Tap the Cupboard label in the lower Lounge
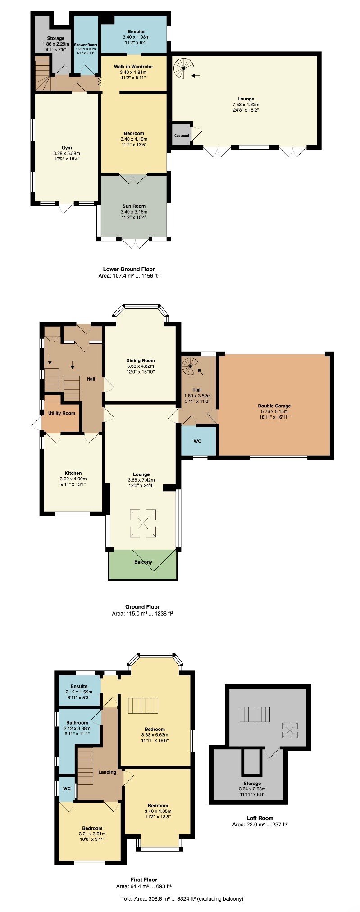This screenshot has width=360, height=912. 182,135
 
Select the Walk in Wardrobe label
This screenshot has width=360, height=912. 133,66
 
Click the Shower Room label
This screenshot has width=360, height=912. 86,45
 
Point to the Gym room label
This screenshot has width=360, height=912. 67,148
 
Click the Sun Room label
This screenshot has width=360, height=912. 134,206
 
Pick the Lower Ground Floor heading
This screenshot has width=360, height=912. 129,269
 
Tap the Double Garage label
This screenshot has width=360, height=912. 274,406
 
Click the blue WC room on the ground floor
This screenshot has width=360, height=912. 198,441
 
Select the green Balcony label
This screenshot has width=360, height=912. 143,562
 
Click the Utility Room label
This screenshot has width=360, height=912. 62,413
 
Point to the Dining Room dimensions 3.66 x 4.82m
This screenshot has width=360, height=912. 141,366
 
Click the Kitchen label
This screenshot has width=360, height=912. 73,473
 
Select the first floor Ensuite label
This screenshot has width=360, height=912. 79,686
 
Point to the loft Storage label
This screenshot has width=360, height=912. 252,784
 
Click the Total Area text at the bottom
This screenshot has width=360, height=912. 182,898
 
